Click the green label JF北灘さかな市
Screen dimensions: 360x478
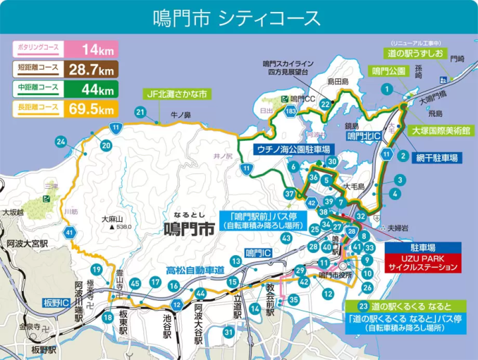coord(178,94)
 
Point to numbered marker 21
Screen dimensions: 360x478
coord(140,112)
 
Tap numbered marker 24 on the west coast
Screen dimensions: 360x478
coord(61,141)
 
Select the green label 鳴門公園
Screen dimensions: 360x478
coord(389,71)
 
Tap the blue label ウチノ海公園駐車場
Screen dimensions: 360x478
coord(292,149)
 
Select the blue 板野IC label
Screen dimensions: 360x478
coord(57,303)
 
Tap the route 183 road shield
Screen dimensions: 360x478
coord(290,112)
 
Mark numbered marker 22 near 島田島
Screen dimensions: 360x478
coord(325,104)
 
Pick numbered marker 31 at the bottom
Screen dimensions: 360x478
coord(229,331)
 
